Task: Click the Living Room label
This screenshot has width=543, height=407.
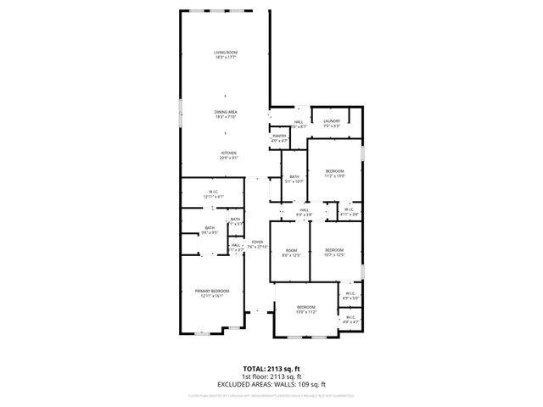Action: click(x=225, y=55)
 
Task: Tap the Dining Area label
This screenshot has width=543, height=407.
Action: click(x=225, y=114)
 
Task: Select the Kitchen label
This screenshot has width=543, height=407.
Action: click(x=229, y=155)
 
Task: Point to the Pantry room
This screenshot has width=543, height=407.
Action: click(x=279, y=138)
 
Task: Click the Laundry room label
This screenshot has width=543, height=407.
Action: click(x=331, y=124)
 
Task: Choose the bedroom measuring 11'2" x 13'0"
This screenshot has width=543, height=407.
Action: click(x=334, y=174)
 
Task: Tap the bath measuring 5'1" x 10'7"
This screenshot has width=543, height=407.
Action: click(x=293, y=179)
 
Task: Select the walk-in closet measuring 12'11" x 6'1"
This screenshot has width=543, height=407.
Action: click(x=214, y=193)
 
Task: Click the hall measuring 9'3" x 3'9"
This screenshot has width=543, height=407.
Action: click(x=304, y=213)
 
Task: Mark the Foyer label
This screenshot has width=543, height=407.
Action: click(x=257, y=244)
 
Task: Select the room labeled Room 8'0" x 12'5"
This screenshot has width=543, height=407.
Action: click(x=292, y=253)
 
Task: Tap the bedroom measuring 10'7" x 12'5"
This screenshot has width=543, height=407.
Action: click(x=334, y=253)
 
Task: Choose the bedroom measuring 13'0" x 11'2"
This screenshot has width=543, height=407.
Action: click(x=305, y=309)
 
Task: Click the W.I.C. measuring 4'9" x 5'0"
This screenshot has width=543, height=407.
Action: click(x=350, y=297)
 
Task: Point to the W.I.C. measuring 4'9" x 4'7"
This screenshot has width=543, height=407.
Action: click(x=350, y=322)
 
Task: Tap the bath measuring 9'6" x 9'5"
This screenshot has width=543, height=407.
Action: click(x=210, y=230)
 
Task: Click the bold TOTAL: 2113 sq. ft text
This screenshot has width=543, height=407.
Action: click(x=271, y=369)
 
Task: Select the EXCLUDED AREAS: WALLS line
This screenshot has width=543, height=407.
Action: click(x=271, y=383)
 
